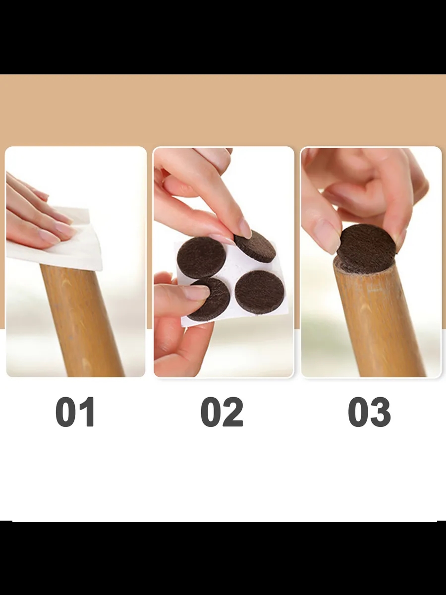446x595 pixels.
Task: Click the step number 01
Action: click(x=75, y=412)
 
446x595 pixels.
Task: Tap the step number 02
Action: click(x=222, y=412)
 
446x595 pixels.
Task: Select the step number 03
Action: click(x=369, y=412)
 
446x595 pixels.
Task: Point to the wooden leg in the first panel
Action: click(x=81, y=320)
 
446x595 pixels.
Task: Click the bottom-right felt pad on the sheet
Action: click(x=259, y=292)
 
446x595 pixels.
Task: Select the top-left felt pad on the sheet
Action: click(x=202, y=257)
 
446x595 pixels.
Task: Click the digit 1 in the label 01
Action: click(x=86, y=412)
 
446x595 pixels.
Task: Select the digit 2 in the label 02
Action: click(x=232, y=412)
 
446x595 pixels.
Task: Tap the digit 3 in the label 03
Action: click(x=380, y=412)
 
